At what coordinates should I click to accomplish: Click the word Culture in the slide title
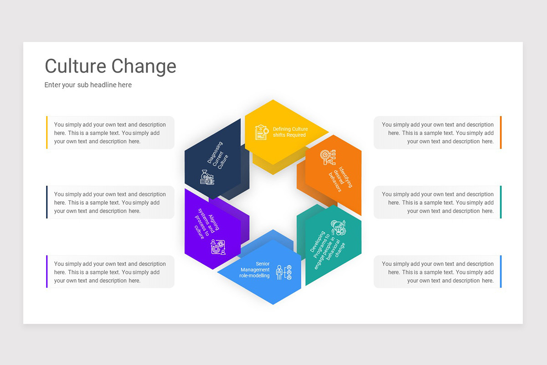tap(76, 66)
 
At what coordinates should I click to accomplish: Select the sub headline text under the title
tap(88, 85)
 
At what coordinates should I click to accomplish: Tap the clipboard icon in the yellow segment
tap(262, 132)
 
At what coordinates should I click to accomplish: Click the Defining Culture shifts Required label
tap(290, 132)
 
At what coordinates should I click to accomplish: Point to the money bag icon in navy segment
tap(207, 177)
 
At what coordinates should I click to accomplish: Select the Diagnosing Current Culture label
tap(217, 156)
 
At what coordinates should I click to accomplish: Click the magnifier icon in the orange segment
tap(328, 157)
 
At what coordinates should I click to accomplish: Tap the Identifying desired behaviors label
tap(341, 179)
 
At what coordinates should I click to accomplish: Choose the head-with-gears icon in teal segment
tap(338, 228)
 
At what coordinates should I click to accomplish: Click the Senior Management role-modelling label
tap(254, 270)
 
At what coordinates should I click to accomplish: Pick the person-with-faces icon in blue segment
tap(284, 272)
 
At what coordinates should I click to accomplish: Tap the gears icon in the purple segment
tap(218, 247)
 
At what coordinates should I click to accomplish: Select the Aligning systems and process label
tap(206, 224)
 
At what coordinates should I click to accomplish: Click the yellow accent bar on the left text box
tap(47, 132)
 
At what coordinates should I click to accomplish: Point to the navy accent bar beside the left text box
tap(47, 202)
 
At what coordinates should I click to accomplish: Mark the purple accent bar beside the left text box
tap(47, 271)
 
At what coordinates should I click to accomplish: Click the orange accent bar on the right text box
tap(501, 132)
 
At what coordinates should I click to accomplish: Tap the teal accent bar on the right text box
tap(501, 202)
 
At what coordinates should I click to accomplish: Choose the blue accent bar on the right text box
tap(501, 271)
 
